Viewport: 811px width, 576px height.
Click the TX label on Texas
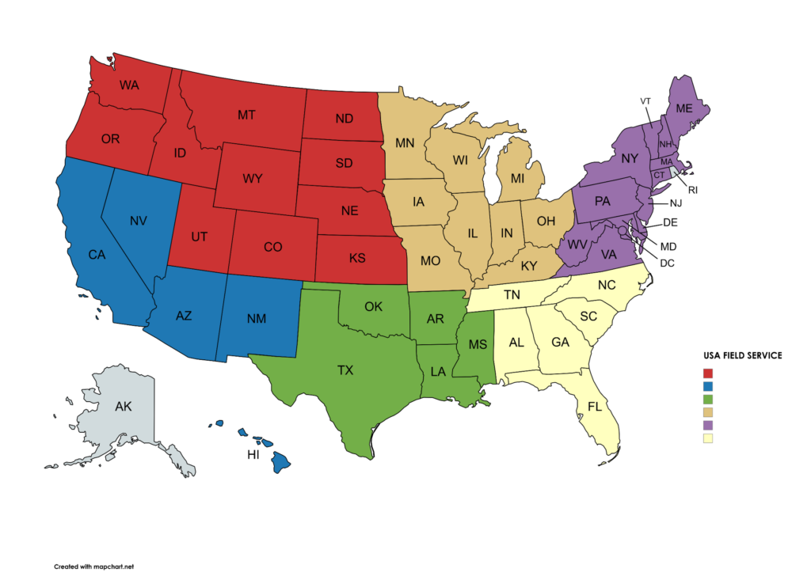345,369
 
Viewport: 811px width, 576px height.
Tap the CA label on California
97,255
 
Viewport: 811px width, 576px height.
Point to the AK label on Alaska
124,407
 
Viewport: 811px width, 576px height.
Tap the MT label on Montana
246,116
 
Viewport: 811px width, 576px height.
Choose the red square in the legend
708,373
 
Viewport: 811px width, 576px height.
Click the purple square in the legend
708,425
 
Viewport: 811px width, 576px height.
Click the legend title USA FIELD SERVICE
742,356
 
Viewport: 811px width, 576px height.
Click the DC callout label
666,263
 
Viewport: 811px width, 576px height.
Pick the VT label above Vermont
645,101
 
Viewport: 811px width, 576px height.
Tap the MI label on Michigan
517,179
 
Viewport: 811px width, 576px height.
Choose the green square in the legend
708,399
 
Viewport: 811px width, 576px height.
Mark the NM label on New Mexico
256,319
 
